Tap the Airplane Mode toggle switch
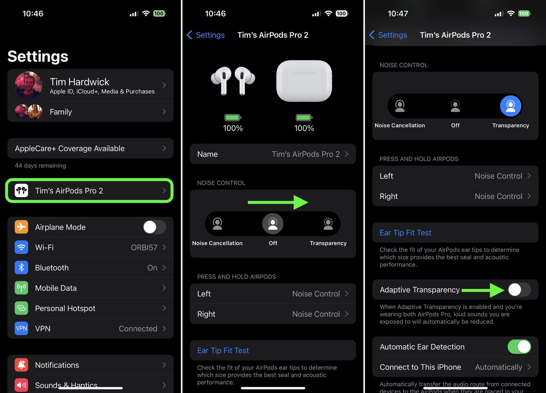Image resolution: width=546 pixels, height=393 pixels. click(154, 227)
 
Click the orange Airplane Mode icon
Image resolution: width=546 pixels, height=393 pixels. click(21, 227)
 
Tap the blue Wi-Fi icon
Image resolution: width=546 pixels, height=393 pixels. click(21, 247)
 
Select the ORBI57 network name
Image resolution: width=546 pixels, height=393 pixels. click(144, 247)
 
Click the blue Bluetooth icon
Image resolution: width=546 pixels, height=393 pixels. click(21, 268)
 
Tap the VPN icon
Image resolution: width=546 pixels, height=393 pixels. click(21, 328)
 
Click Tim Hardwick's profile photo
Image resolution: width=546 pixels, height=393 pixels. click(29, 85)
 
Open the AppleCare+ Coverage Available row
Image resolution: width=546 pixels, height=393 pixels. click(90, 148)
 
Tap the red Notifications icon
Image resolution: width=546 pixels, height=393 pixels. click(21, 365)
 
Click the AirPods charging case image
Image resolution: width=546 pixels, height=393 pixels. click(304, 81)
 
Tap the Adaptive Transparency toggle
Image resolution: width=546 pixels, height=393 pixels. click(519, 290)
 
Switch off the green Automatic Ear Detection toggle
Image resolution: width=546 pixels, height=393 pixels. click(519, 347)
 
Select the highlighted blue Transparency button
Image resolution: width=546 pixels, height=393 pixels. click(511, 106)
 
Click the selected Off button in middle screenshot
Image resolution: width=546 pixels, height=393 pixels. click(273, 224)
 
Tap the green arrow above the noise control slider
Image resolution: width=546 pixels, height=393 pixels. click(278, 202)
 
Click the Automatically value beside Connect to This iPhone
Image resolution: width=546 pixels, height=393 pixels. click(498, 367)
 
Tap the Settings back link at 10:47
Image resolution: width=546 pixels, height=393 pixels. click(388, 35)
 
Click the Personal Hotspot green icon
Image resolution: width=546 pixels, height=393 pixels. click(21, 308)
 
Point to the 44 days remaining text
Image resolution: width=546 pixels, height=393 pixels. click(40, 165)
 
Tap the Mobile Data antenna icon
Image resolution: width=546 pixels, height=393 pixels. click(21, 288)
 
